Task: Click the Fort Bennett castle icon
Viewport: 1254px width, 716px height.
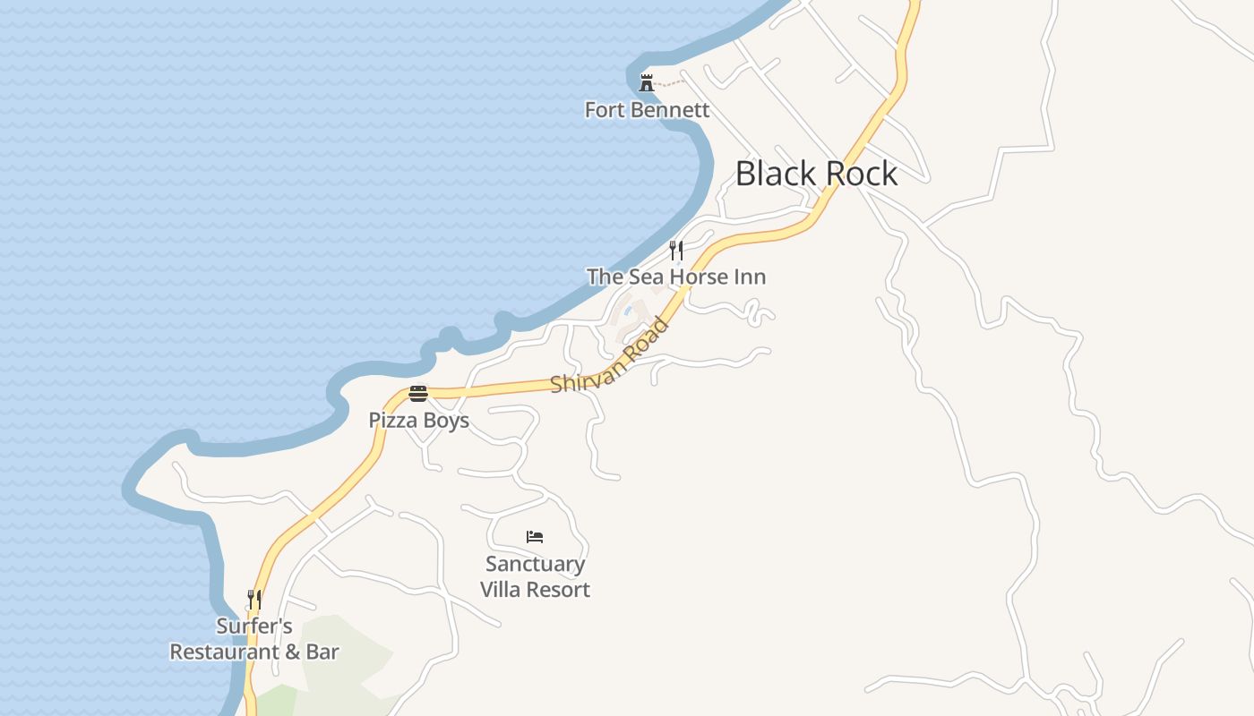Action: (646, 83)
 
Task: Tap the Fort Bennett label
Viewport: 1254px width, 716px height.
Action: (647, 110)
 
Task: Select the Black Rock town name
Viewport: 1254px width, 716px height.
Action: (816, 174)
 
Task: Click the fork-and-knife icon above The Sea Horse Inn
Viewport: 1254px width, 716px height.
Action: (676, 250)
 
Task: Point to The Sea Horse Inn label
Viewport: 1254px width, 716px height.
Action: (676, 277)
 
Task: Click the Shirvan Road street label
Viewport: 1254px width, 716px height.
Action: (610, 356)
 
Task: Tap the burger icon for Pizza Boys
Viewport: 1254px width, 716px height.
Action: (418, 393)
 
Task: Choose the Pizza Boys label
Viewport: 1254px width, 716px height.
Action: (418, 420)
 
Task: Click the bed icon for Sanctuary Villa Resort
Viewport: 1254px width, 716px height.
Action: (535, 537)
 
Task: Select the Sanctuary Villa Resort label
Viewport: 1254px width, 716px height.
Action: (535, 576)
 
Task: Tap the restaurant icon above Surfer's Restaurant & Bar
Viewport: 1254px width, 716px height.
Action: (254, 598)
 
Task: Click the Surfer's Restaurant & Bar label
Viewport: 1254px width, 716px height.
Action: (254, 638)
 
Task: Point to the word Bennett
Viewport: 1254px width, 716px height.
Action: (673, 110)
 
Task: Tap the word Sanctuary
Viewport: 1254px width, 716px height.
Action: (535, 564)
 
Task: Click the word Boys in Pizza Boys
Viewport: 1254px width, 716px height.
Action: (447, 420)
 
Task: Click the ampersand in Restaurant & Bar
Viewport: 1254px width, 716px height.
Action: (292, 652)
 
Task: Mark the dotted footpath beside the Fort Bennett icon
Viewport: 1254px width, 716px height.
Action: (671, 84)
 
